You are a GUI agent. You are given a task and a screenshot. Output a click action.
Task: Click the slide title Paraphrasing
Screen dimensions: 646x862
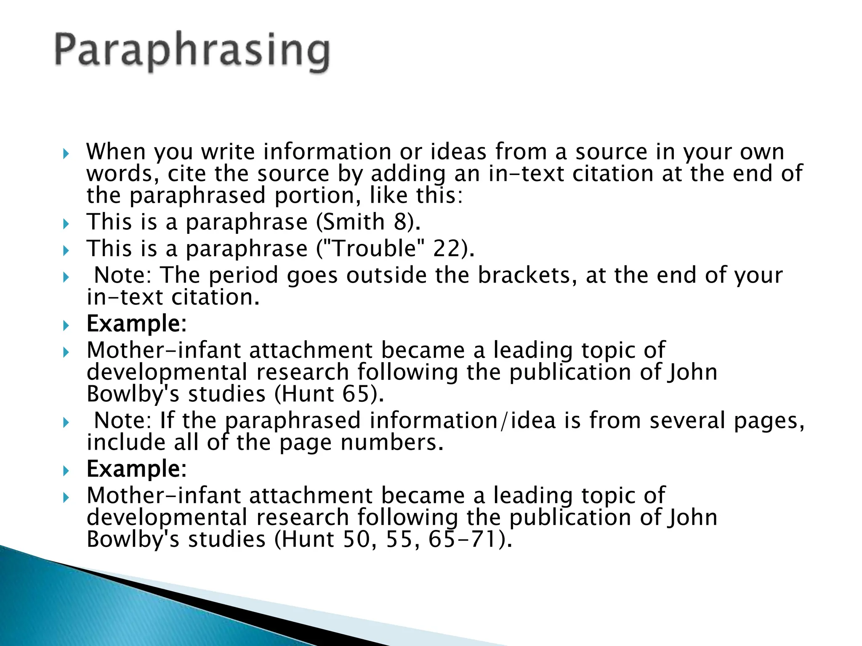point(192,52)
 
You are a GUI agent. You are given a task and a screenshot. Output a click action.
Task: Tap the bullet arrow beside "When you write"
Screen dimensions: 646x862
point(65,154)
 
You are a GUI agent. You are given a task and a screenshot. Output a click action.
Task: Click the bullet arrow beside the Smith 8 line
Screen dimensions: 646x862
point(65,224)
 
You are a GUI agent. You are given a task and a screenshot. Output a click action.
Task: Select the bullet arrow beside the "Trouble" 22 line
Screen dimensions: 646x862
point(65,250)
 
